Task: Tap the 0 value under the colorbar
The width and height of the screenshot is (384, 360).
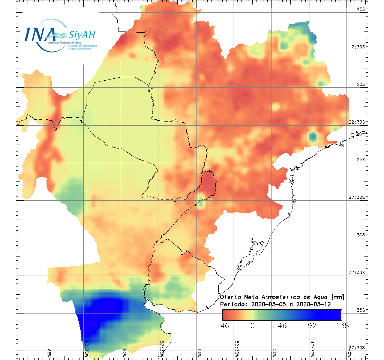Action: point(252,325)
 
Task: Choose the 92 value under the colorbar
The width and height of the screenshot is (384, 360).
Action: point(312,325)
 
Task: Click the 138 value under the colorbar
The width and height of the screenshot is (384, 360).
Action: point(342,325)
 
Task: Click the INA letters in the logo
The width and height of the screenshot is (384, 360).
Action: point(40,34)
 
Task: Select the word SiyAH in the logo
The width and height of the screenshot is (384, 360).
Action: point(82,35)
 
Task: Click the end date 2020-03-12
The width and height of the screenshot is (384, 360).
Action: point(313,304)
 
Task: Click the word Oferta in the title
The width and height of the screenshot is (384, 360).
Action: point(229,297)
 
